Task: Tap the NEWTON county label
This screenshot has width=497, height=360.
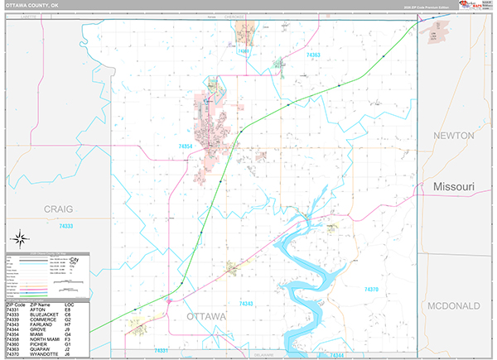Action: pyautogui.click(x=455, y=136)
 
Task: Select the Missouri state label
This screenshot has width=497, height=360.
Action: pyautogui.click(x=454, y=188)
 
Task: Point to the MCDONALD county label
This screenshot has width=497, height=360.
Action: pyautogui.click(x=454, y=305)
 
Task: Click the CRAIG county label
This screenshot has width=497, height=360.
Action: pyautogui.click(x=60, y=209)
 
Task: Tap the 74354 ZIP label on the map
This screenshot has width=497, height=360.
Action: pyautogui.click(x=186, y=146)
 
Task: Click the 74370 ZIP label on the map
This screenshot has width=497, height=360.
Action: pyautogui.click(x=372, y=290)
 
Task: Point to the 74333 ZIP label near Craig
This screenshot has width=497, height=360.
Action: pyautogui.click(x=66, y=226)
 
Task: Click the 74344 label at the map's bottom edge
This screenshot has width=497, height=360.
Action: pyautogui.click(x=335, y=354)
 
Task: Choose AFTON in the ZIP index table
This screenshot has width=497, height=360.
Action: pyautogui.click(x=37, y=310)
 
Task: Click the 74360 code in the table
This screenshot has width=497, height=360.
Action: pyautogui.click(x=12, y=343)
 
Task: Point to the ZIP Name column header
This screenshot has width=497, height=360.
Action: pyautogui.click(x=39, y=304)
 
